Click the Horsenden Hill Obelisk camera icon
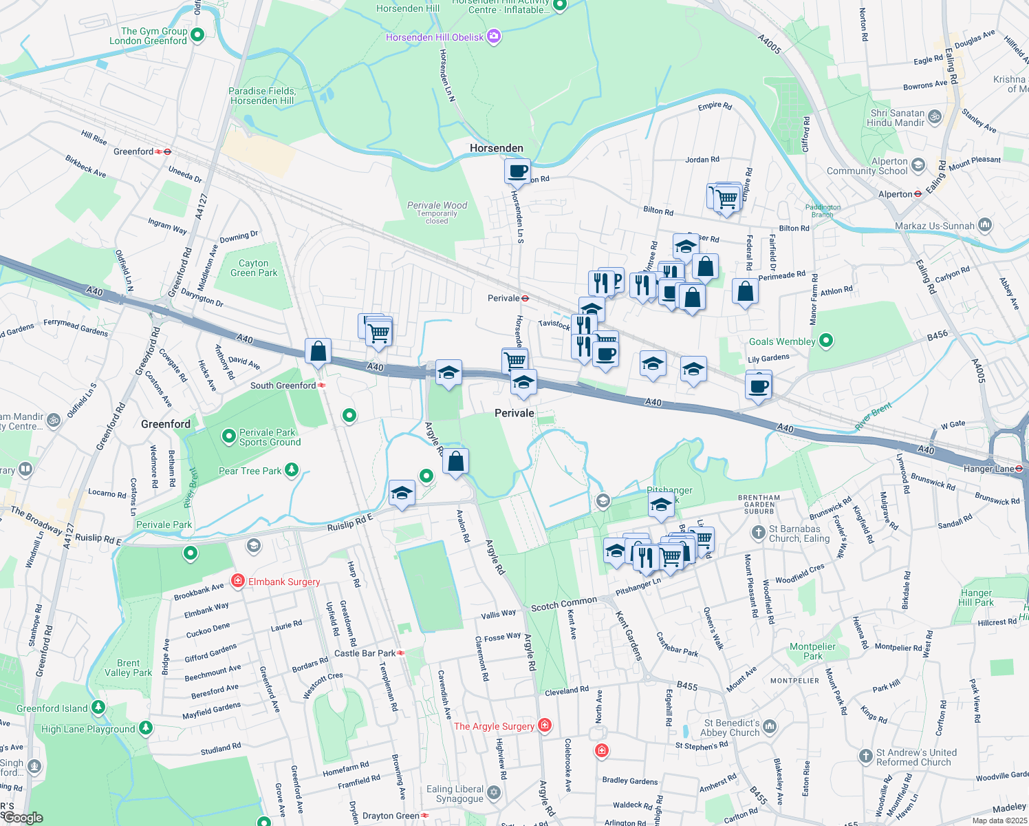494,36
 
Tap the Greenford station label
133,151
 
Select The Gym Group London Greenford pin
197,34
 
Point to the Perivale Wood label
437,205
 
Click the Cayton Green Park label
254,268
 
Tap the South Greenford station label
283,385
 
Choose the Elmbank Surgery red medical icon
238,581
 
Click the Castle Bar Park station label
365,653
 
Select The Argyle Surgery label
494,726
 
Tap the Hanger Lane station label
988,469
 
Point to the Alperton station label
895,194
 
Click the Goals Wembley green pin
827,340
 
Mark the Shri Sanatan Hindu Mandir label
898,118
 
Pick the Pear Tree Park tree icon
292,470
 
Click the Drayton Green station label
391,816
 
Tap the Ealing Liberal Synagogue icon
494,794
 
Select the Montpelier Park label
812,651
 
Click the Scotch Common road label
564,604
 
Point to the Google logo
23,818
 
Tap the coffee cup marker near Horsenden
517,171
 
